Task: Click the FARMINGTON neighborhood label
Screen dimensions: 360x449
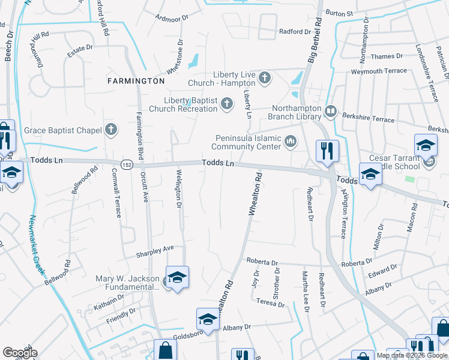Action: click(x=136, y=80)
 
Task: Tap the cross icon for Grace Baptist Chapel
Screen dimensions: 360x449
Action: click(x=110, y=129)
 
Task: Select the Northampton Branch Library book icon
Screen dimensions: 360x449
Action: click(x=330, y=111)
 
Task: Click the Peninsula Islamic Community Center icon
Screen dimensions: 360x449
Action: click(x=291, y=142)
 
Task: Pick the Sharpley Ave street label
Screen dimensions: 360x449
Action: click(x=154, y=248)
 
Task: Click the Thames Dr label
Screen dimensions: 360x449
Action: click(x=387, y=56)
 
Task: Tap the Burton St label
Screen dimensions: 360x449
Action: click(x=339, y=12)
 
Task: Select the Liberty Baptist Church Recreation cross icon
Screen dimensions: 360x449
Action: click(x=227, y=104)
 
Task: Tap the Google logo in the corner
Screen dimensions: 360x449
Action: click(x=20, y=353)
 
